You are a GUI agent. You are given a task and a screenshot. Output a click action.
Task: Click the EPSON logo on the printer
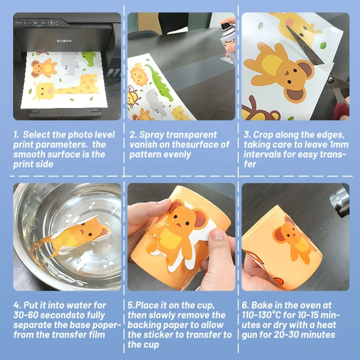[64, 41]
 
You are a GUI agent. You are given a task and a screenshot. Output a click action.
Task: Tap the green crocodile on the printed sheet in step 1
[89, 58]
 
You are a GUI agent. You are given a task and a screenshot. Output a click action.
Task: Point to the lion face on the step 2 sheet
[139, 75]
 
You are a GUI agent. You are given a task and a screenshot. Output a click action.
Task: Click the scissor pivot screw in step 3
[331, 80]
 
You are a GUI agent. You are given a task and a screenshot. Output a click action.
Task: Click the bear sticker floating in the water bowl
[71, 237]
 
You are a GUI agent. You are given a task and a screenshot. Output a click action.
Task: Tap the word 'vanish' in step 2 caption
[143, 145]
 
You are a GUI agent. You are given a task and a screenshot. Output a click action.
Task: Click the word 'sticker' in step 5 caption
[158, 335]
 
